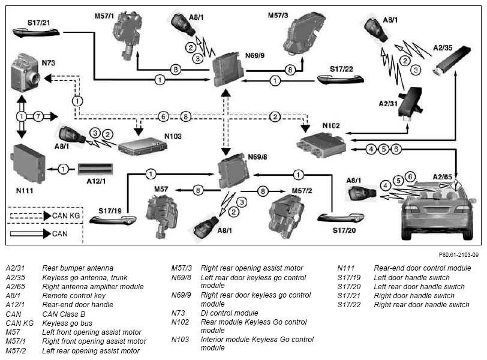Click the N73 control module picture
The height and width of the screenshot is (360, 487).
click(25, 73)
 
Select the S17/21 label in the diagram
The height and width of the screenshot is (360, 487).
click(39, 23)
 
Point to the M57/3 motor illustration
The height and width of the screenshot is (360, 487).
click(303, 34)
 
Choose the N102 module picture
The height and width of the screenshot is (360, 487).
click(321, 145)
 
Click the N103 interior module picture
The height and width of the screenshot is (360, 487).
click(142, 146)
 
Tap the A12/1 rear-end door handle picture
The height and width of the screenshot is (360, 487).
click(95, 169)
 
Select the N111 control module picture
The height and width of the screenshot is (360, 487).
click(28, 164)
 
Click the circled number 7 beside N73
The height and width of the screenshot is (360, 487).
click(38, 117)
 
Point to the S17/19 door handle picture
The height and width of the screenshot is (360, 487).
click(113, 220)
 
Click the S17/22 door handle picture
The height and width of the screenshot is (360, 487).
click(341, 80)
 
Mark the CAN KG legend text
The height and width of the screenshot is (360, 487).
click(66, 215)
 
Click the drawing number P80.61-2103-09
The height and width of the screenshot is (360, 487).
click(458, 255)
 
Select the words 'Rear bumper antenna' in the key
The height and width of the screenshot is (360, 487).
click(77, 268)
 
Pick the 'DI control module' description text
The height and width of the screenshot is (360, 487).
click(229, 313)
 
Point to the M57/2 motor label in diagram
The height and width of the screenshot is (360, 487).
click(302, 191)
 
